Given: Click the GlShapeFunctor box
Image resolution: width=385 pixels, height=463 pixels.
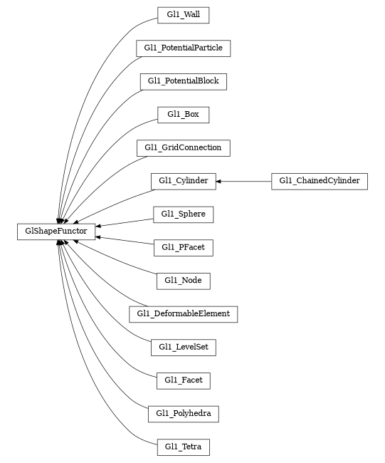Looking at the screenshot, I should coord(56,231).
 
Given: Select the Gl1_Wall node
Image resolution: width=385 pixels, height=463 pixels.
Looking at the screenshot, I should coord(183,15).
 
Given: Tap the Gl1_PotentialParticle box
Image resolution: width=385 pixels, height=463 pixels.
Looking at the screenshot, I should coord(183,48).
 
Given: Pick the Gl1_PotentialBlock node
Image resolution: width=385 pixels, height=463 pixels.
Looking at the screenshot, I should coord(183,81).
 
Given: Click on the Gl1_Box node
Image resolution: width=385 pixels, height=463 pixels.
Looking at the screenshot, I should coord(183,115).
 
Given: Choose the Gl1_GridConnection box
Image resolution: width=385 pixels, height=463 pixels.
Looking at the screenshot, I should coord(183,148).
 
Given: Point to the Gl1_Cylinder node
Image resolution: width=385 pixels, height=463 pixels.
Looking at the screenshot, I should coord(183,181).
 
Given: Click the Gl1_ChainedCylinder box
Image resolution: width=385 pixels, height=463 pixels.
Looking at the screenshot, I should coord(320,181).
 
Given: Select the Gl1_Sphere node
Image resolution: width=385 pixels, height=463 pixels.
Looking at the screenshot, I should coord(183,214).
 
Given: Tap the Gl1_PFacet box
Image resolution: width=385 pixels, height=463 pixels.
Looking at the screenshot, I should coord(183,248).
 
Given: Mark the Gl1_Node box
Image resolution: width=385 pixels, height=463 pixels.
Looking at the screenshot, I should coord(183,281).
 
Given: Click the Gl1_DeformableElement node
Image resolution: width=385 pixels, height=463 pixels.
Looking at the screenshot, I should coord(183,314).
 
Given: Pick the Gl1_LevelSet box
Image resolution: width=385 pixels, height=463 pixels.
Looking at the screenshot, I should coord(183,348).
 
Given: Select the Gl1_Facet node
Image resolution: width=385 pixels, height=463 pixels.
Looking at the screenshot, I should coord(183,380).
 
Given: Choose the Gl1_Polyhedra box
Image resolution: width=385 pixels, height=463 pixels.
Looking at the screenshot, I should coord(183,414).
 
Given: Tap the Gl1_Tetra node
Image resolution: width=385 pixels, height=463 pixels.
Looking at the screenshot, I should coord(183,447).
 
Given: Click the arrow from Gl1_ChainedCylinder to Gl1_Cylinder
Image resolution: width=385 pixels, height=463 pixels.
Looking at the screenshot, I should coord(246,181).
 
